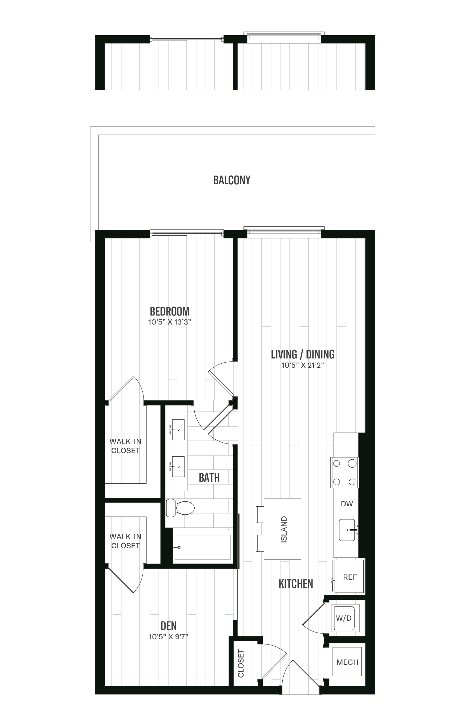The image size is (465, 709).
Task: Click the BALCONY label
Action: (x=232, y=180)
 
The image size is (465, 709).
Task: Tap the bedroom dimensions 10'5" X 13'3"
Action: (x=169, y=322)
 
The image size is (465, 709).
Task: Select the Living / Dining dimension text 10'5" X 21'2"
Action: (x=302, y=365)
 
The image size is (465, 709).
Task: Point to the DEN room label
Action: (x=169, y=626)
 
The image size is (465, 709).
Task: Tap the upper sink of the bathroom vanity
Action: (x=178, y=430)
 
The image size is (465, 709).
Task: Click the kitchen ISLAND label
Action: (x=284, y=529)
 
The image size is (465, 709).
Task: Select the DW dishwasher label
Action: (x=347, y=504)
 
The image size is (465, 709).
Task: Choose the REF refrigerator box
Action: (x=349, y=577)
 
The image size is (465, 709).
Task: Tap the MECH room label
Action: (x=347, y=662)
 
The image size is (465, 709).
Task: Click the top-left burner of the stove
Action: (x=337, y=463)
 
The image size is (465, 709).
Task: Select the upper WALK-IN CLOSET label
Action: (x=125, y=446)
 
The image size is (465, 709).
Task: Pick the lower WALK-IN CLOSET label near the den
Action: (x=125, y=541)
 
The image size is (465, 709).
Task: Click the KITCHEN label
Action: (x=296, y=584)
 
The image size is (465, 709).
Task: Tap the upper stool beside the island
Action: (x=260, y=515)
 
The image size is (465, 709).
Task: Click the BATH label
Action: (x=209, y=478)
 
